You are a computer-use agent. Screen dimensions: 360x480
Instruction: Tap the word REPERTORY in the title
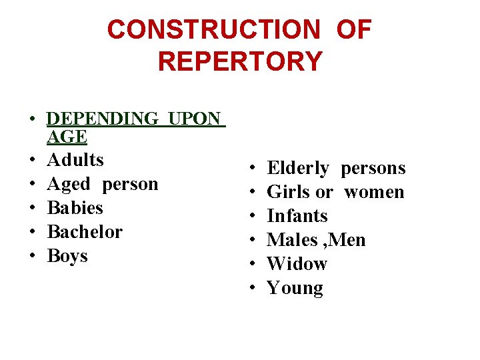240,61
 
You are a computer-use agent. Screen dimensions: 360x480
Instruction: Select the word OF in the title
353,30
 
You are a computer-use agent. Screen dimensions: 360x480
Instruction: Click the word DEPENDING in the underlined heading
103,119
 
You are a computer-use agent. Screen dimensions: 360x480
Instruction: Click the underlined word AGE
67,137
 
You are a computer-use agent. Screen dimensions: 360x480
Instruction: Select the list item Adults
75,160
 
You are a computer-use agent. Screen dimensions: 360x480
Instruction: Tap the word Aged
69,184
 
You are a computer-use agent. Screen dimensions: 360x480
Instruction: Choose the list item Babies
75,208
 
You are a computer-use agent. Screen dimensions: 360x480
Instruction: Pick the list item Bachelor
85,232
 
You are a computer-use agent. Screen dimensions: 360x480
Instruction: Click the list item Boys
67,256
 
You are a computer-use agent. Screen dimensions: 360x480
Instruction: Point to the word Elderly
298,168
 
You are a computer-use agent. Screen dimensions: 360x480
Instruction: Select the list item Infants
297,216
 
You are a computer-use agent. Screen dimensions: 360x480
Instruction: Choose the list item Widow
297,264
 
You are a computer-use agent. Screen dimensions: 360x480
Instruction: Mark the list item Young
295,288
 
